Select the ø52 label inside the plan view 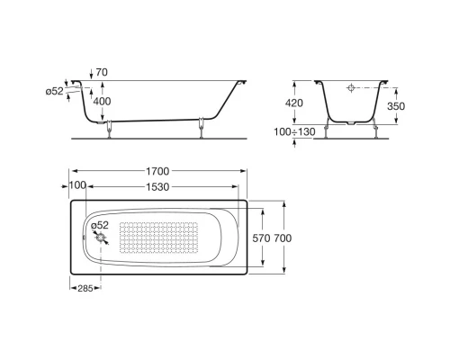[98, 224]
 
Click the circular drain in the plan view [100, 239]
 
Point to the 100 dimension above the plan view [77, 184]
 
